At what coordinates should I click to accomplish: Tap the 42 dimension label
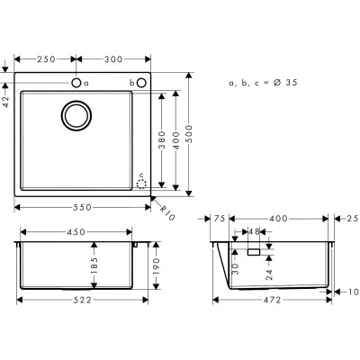pyautogui.click(x=7, y=101)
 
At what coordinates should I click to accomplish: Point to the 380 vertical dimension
pyautogui.click(x=162, y=139)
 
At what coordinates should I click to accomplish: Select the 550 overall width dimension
pyautogui.click(x=84, y=206)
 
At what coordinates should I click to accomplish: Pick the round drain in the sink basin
pyautogui.click(x=76, y=115)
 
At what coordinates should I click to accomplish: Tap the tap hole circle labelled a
pyautogui.click(x=76, y=83)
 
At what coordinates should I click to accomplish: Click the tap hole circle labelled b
pyautogui.click(x=142, y=83)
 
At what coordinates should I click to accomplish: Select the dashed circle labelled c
pyautogui.click(x=140, y=182)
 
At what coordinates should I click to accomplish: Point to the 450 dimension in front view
pyautogui.click(x=76, y=232)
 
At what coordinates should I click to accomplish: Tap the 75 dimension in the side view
pyautogui.click(x=220, y=219)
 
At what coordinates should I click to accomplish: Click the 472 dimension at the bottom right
pyautogui.click(x=273, y=300)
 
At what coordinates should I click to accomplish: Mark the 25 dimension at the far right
pyautogui.click(x=351, y=219)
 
